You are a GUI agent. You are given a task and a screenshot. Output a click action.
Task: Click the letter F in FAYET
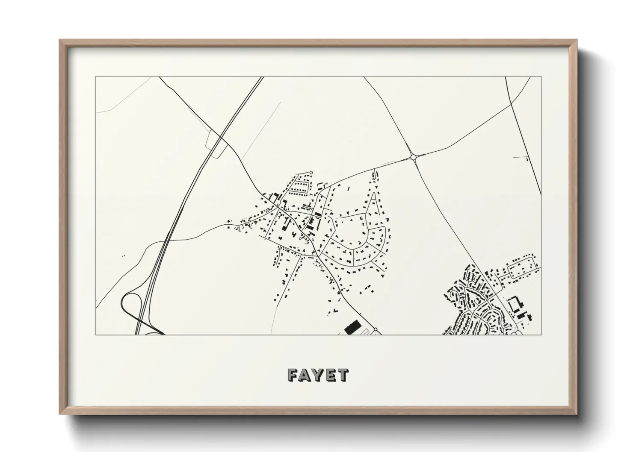[x=293, y=375]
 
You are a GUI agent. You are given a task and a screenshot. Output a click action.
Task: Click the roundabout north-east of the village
[x=413, y=157]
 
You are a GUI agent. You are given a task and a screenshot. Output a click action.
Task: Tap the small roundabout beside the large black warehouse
[x=375, y=330]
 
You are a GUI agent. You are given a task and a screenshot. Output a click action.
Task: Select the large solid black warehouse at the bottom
[x=352, y=327]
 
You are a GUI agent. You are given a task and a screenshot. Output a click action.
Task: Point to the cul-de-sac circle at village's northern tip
[x=311, y=173]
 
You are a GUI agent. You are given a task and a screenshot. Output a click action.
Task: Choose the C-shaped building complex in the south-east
[x=516, y=305]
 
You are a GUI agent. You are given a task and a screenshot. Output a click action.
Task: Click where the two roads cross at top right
[x=511, y=103]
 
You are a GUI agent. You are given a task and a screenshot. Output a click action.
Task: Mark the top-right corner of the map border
[x=541, y=77]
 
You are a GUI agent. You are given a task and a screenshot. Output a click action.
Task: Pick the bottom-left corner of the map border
[x=96, y=335]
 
